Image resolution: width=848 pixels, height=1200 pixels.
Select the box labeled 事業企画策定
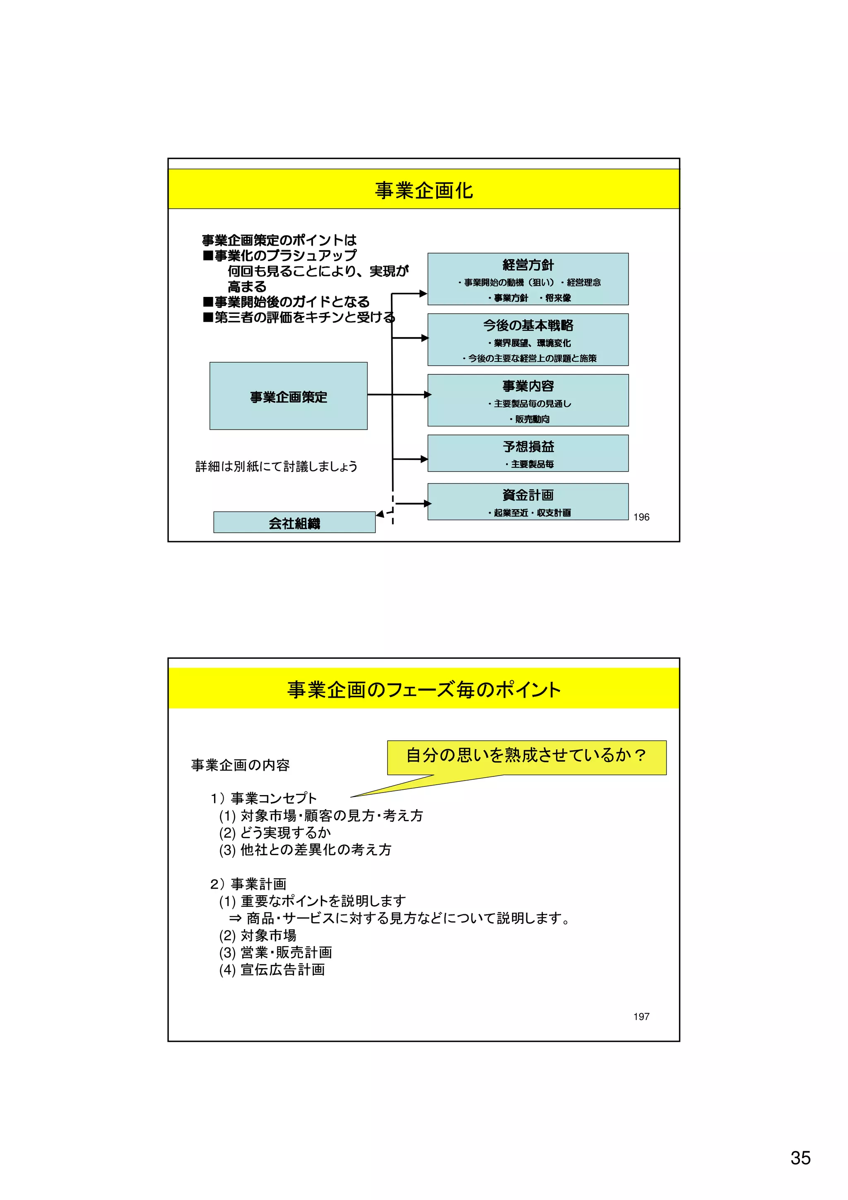pyautogui.click(x=289, y=396)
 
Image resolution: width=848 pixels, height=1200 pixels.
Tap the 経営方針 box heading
pyautogui.click(x=528, y=265)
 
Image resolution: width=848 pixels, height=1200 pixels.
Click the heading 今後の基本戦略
pyautogui.click(x=528, y=325)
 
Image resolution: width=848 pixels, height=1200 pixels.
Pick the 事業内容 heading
pyautogui.click(x=528, y=386)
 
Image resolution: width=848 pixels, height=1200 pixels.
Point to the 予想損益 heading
pyautogui.click(x=528, y=446)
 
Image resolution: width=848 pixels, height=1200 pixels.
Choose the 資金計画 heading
pyautogui.click(x=528, y=495)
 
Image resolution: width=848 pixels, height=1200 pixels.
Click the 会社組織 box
pyautogui.click(x=294, y=523)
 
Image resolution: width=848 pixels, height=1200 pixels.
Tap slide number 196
pyautogui.click(x=641, y=517)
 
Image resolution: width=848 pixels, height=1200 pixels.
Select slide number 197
pyautogui.click(x=641, y=1017)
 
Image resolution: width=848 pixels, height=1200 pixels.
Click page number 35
pyautogui.click(x=800, y=1158)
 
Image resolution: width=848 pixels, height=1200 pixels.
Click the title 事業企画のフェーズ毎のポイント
pyautogui.click(x=424, y=690)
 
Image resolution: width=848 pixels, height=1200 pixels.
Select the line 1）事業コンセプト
pyautogui.click(x=264, y=798)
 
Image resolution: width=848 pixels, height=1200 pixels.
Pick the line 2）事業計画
pyautogui.click(x=248, y=884)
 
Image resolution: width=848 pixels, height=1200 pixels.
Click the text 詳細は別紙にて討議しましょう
pyautogui.click(x=277, y=466)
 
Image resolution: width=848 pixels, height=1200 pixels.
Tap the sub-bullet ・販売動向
pyautogui.click(x=529, y=419)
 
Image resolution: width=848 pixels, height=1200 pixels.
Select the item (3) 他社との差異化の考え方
pyautogui.click(x=305, y=850)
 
